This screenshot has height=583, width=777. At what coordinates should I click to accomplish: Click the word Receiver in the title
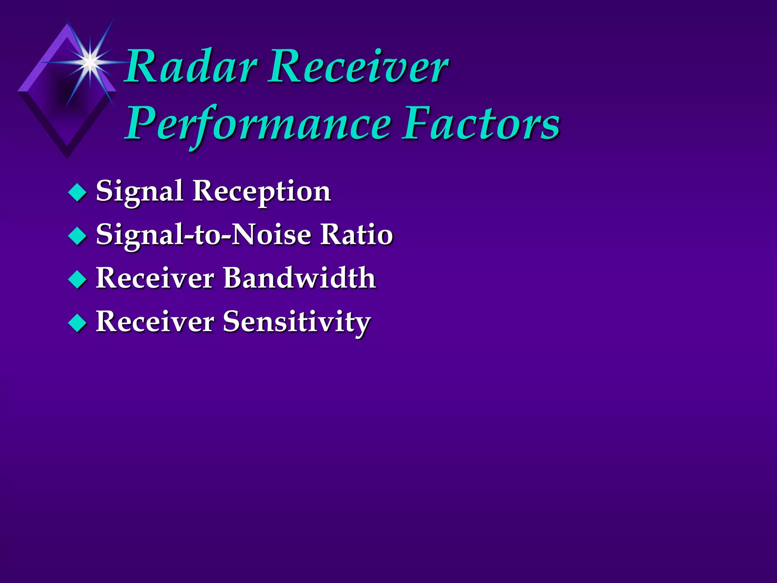coord(358,68)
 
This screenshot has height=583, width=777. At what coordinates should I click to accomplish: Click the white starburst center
coord(90,61)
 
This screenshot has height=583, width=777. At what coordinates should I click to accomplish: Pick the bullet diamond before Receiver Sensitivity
coord(78,323)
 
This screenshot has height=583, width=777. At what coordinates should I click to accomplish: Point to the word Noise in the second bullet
coord(271,235)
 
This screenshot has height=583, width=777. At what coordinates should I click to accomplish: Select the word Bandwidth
coord(300,278)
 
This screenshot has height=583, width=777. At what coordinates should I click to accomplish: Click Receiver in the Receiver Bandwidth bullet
coord(155,278)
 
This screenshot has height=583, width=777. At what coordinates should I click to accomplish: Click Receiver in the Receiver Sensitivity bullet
coord(155,322)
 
